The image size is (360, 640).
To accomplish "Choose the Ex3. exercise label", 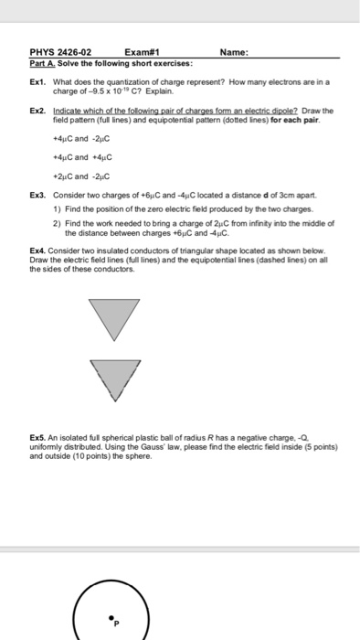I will click(38, 195).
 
